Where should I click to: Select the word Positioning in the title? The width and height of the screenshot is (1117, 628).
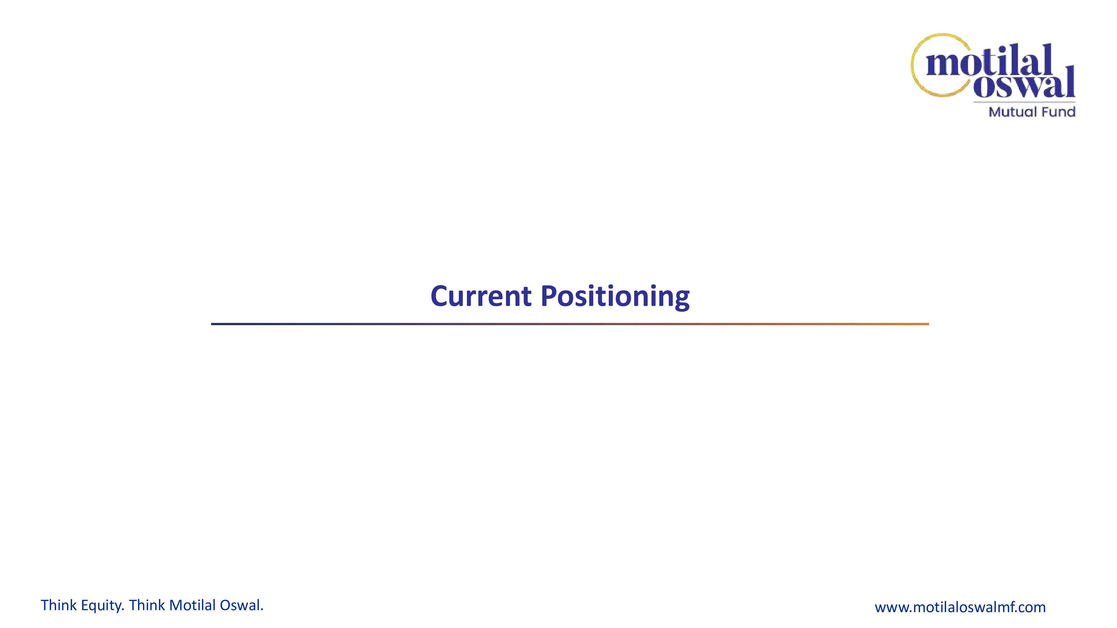pyautogui.click(x=615, y=297)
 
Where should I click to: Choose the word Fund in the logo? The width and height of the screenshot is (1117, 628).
pyautogui.click(x=1058, y=112)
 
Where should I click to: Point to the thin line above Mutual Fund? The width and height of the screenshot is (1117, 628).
pyautogui.click(x=1025, y=102)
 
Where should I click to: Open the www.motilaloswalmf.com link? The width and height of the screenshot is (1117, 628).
pyautogui.click(x=960, y=607)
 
